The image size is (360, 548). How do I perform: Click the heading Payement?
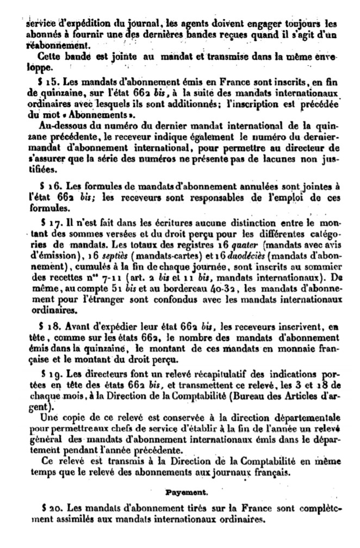click(180, 491)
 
